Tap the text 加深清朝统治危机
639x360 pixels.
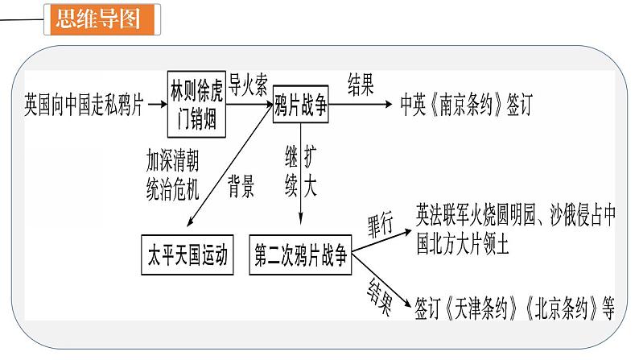171,173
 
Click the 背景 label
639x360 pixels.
241,188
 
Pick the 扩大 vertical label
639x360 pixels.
311,170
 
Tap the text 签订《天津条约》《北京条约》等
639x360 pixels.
515,307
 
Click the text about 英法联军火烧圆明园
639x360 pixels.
515,226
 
